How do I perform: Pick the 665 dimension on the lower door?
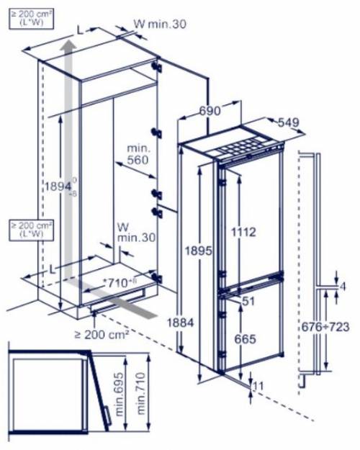coord(246,338)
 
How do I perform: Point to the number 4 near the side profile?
coord(343,287)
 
